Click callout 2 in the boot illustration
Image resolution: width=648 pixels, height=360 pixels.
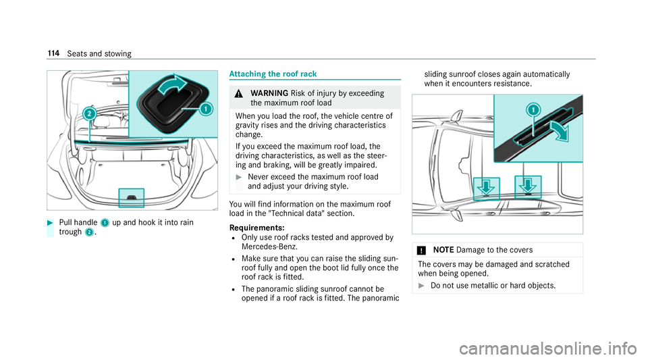pos(88,111)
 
